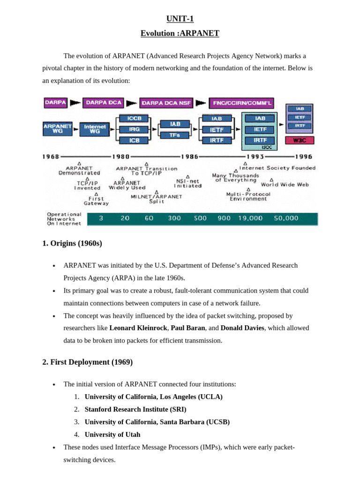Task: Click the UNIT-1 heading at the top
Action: tap(180, 19)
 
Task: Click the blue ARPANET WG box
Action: tap(58, 128)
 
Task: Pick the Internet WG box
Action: tap(95, 128)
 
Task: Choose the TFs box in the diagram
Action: tap(174, 135)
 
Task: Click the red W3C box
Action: tap(300, 140)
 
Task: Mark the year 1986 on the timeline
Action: tap(189, 157)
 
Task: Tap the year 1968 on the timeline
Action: tap(51, 157)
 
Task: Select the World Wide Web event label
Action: tap(285, 185)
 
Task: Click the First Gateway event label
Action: tap(96, 201)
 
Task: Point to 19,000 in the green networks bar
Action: tap(250, 218)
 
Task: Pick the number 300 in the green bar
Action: tap(174, 218)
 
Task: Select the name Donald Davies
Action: tap(242, 328)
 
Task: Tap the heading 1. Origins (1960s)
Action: tap(72, 243)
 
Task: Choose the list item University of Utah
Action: tap(112, 435)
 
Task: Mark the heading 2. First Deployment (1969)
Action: tap(88, 362)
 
